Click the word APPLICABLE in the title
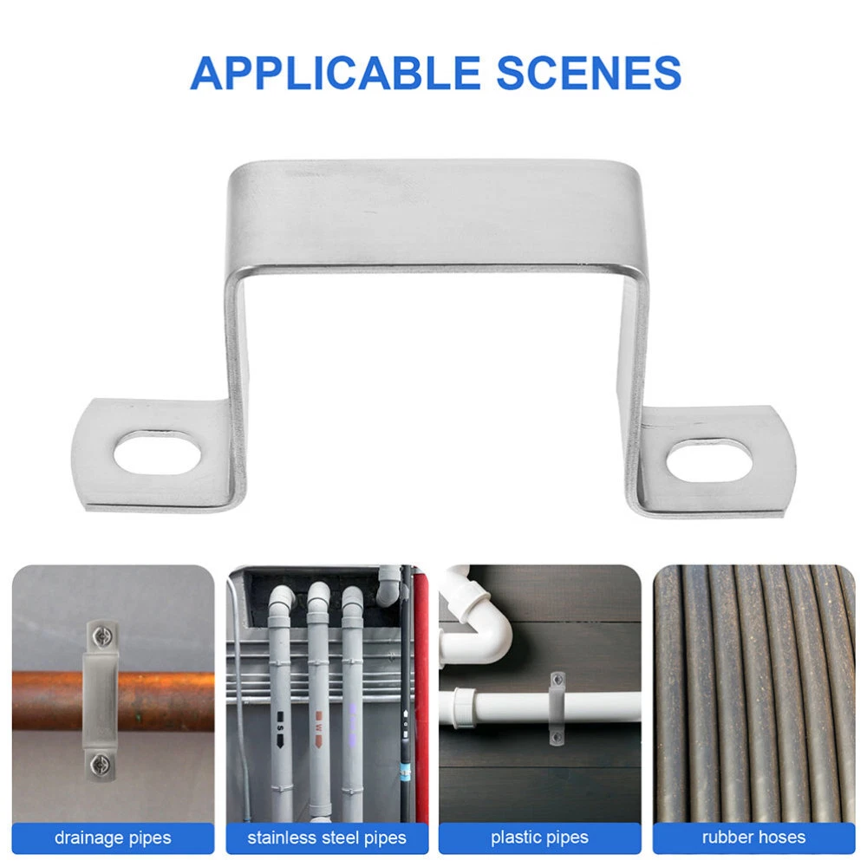(x=335, y=73)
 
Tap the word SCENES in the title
(x=589, y=73)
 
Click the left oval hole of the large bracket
(x=158, y=453)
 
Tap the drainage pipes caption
(x=113, y=838)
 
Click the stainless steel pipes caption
(x=327, y=838)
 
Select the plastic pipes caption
(x=539, y=838)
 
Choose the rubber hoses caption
(x=753, y=838)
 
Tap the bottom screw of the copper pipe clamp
(x=101, y=765)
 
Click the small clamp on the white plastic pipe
(x=557, y=708)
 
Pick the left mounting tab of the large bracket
(x=152, y=454)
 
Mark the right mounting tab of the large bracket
(x=717, y=462)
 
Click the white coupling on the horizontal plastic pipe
(x=465, y=707)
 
